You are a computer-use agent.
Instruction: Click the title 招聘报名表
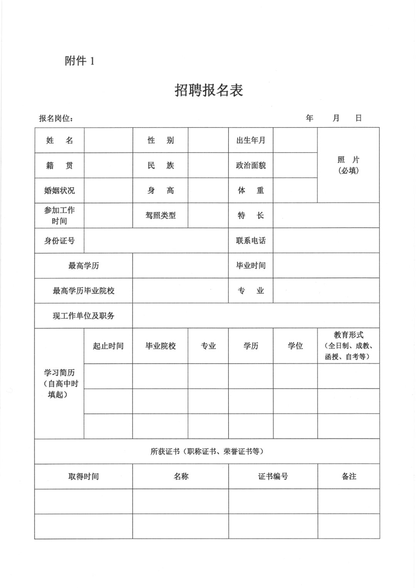(x=209, y=91)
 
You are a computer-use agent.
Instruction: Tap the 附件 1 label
(x=79, y=61)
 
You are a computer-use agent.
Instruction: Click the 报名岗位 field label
(x=56, y=118)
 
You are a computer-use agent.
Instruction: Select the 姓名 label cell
(x=59, y=140)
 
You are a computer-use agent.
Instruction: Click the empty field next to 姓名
(x=108, y=140)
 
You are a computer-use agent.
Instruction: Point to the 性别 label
(x=161, y=140)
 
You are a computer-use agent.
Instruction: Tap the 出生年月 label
(x=251, y=140)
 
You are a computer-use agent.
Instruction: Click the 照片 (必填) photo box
(x=348, y=165)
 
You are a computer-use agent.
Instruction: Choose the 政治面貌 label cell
(x=251, y=165)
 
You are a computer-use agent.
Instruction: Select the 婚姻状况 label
(x=59, y=190)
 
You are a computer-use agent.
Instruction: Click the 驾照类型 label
(x=161, y=215)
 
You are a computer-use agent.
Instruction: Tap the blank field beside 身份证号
(x=156, y=240)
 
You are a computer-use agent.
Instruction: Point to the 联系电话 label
(x=251, y=240)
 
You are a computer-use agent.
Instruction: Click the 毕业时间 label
(x=251, y=265)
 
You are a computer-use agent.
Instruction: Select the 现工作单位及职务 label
(x=84, y=316)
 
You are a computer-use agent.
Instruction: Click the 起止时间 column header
(x=108, y=346)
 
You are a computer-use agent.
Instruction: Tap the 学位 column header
(x=295, y=346)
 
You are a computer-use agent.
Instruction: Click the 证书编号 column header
(x=273, y=476)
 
